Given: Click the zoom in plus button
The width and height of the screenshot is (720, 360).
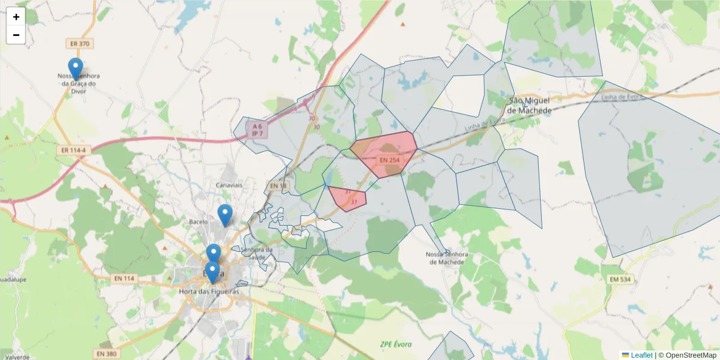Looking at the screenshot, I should point(16,17).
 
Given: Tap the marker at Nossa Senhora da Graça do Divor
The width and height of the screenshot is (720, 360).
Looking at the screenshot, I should point(75,68).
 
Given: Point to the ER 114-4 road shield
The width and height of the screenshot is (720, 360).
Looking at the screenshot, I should point(74,149).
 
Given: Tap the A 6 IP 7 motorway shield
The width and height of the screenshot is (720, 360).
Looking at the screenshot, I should point(257,130).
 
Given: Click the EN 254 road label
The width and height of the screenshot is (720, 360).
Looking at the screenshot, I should point(389,160).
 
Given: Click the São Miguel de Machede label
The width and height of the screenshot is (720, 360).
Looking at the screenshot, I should point(530,105).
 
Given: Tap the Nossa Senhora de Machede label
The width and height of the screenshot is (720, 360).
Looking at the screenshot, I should point(445,258).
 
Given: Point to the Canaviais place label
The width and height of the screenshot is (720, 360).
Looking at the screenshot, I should point(229,185).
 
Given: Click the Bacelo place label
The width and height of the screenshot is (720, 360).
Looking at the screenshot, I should point(198,221).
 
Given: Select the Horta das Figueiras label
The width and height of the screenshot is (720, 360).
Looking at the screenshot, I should point(209,292).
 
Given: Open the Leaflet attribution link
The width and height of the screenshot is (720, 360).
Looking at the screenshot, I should point(641,355).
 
